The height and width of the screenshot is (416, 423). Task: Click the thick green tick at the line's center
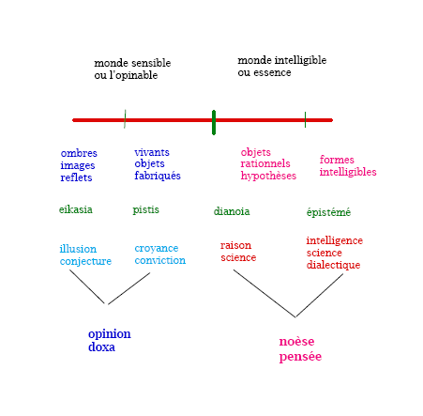pos(214,122)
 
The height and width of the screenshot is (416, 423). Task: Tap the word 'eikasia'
pos(76,209)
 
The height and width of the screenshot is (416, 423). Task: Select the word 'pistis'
pos(145,209)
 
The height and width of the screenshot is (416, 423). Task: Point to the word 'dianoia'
pos(232,211)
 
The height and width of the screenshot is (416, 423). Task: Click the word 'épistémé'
pos(328,212)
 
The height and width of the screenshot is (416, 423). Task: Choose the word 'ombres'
pos(79,153)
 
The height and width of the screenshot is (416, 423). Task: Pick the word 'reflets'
pos(76,177)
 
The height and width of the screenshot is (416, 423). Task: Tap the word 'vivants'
pos(152,152)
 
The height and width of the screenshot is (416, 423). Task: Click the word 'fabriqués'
pos(158,176)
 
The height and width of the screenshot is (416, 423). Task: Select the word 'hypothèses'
pos(268,176)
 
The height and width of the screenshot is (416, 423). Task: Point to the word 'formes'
pos(337,160)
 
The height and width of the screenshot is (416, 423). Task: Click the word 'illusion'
pos(78,249)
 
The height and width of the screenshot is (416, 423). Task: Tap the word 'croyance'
pos(157,249)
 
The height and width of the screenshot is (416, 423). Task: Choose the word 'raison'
pos(235,245)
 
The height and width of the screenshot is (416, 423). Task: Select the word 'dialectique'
pos(333,265)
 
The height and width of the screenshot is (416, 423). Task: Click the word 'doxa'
pos(101,347)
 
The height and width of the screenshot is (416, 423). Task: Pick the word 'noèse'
pos(296,342)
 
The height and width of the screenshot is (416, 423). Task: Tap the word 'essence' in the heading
pos(272,73)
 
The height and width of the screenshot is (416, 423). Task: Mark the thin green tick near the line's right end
pos(305,119)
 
